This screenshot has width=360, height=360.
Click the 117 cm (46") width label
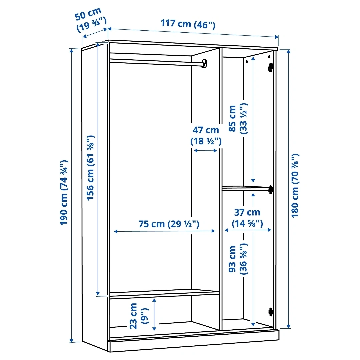coord(188,24)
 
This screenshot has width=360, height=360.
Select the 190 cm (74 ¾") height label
coord(64,192)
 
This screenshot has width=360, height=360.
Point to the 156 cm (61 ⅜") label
coord(90,168)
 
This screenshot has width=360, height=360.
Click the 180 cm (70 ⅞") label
coord(295,186)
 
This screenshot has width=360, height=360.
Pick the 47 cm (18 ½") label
coord(206,136)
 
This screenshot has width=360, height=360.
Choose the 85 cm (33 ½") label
coord(238,118)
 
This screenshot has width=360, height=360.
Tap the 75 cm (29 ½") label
coord(169,224)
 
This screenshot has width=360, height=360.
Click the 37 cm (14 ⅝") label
coord(247,218)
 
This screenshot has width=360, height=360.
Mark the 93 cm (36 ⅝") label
coord(238,259)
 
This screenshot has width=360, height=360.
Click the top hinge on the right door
coord(270,67)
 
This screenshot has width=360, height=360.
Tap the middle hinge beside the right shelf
coord(271,190)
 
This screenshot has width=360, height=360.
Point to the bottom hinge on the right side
coord(271,312)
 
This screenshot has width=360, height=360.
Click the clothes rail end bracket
coord(205,63)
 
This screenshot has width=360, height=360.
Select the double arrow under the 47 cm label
coord(205,151)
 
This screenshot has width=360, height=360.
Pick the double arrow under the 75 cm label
coord(164,231)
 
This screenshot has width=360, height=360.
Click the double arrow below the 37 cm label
coord(248,230)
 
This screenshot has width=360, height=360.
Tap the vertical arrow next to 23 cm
coord(154,314)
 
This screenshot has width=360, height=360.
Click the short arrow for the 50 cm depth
coord(95,33)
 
